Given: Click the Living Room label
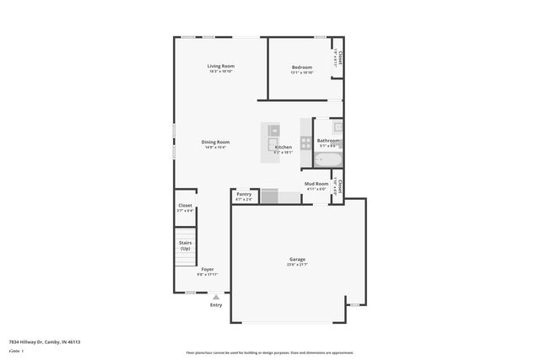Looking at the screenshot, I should pyautogui.click(x=221, y=66).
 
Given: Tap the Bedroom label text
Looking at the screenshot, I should pyautogui.click(x=302, y=67).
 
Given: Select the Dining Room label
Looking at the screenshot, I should pyautogui.click(x=215, y=142).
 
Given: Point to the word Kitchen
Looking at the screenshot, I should pyautogui.click(x=283, y=147).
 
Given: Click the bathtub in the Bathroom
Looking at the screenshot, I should pyautogui.click(x=327, y=159).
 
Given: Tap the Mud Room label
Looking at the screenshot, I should pyautogui.click(x=316, y=183).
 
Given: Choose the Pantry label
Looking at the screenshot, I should pyautogui.click(x=244, y=194).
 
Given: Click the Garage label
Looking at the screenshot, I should pyautogui.click(x=298, y=259).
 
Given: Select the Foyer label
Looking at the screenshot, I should pyautogui.click(x=208, y=269).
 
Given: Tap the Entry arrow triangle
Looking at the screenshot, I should pyautogui.click(x=217, y=297).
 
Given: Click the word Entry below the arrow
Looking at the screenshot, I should pyautogui.click(x=217, y=305).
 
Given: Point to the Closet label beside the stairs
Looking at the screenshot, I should pyautogui.click(x=185, y=205).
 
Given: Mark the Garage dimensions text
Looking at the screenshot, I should pyautogui.click(x=298, y=265).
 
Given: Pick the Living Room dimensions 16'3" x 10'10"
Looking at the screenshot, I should pyautogui.click(x=221, y=72).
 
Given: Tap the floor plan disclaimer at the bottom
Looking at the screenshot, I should pyautogui.click(x=270, y=352).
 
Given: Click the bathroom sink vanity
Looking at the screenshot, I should pyautogui.click(x=337, y=128).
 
